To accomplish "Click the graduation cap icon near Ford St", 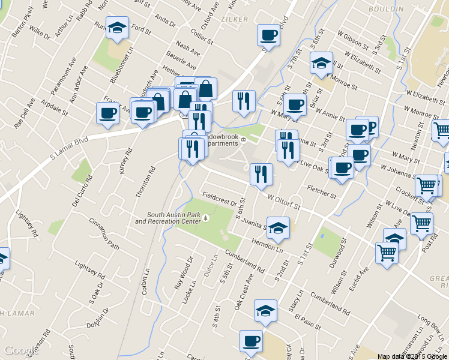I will (x=118, y=28).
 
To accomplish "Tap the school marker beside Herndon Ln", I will (x=279, y=229).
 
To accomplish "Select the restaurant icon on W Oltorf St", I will (x=261, y=175).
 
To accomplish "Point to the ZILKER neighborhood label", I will (x=234, y=20).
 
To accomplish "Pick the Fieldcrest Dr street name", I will (x=218, y=197).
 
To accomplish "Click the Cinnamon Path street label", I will (x=104, y=233).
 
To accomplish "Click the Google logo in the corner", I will (x=22, y=350).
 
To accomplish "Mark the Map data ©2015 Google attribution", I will (x=412, y=356).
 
